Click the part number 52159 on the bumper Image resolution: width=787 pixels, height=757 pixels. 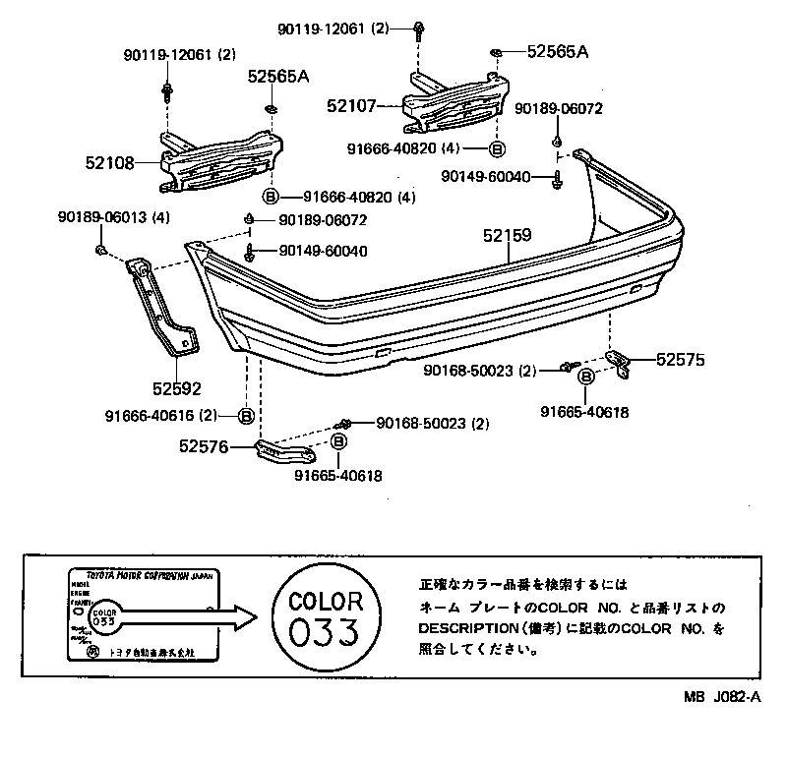pos(507,236)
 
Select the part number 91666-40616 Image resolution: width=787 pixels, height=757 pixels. pos(151,415)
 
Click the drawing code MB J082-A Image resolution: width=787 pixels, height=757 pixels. pos(723,697)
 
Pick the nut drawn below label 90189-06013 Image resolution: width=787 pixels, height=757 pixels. pos(103,253)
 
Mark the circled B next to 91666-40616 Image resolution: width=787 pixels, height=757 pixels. pos(245,415)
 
